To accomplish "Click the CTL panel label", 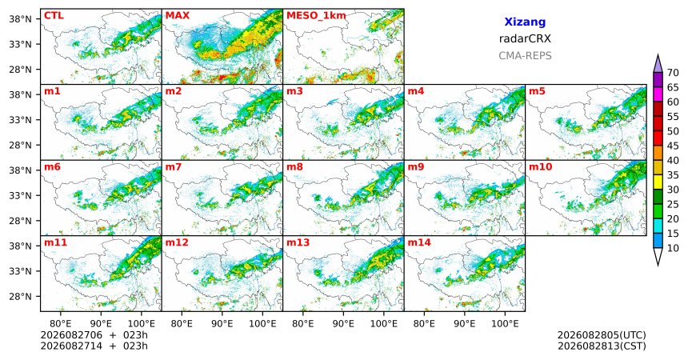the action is pos(54,16).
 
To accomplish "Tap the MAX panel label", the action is pos(178,16).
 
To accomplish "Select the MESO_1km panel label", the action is pos(316,16).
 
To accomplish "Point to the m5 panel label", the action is pos(537,91).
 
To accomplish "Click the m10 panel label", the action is pos(540,167).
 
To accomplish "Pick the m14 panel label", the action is pos(419,242).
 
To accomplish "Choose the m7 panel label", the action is pos(174,167).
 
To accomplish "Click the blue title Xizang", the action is pos(525,22).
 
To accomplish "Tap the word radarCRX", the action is pos(525,38).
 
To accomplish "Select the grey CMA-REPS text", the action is pos(525,56).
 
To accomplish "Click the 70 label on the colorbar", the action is pos(673,73).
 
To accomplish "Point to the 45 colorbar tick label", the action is pos(673,146).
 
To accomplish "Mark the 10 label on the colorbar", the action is pos(673,248).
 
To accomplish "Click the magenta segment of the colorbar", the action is pos(658,94).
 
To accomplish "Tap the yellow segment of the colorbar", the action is pos(658,182).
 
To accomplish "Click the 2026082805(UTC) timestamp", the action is pos(602,335).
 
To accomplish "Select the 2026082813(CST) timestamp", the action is pos(602,346).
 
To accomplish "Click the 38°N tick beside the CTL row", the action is pos(20,19).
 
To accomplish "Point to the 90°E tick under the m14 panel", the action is pos(465,324).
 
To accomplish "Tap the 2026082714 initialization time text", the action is pos(71,346).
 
